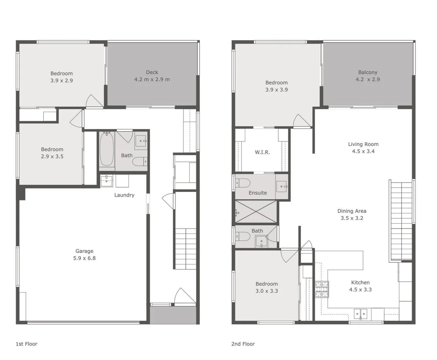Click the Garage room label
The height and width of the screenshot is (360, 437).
click(84, 251)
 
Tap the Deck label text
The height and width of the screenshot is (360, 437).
click(152, 72)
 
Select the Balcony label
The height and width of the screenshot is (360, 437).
click(368, 72)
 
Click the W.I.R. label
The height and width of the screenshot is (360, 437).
click(262, 152)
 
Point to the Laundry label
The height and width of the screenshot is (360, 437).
click(124, 195)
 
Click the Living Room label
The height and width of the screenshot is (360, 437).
click(363, 144)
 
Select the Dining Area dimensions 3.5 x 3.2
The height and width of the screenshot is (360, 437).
click(352, 218)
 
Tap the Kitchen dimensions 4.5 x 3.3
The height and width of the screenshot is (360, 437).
click(360, 289)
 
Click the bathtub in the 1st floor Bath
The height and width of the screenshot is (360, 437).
click(107, 149)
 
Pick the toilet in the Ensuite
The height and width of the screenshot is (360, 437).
click(243, 183)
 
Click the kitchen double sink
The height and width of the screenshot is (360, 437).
click(360, 314)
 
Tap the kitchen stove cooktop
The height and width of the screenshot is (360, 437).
click(322, 289)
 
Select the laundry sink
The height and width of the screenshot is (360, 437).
click(107, 181)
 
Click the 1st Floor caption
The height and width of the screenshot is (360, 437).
click(26, 344)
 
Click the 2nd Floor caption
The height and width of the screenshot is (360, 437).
click(243, 344)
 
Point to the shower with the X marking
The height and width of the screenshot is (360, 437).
click(256, 212)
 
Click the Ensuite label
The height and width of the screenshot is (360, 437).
click(258, 193)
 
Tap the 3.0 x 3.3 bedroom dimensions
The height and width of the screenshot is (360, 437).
click(267, 291)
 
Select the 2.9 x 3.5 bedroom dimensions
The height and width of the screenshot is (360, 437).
click(52, 156)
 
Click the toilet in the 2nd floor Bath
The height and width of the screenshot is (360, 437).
click(243, 236)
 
